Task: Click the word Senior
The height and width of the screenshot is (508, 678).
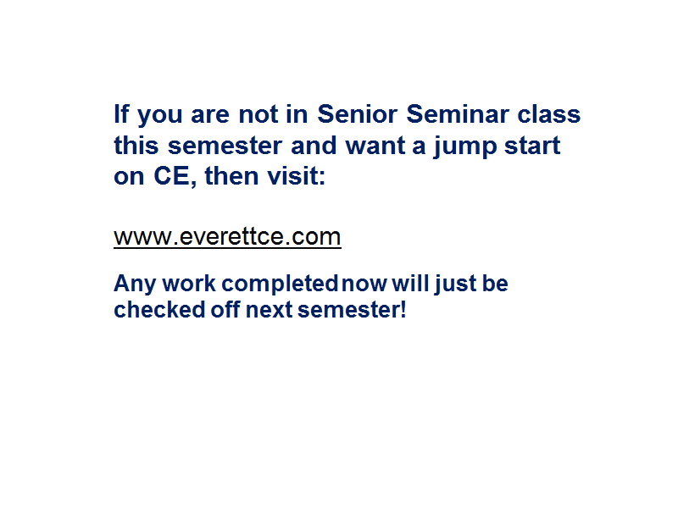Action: click(x=357, y=114)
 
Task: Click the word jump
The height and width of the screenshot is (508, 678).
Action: click(x=464, y=146)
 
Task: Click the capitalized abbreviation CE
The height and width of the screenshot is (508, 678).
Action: click(x=171, y=176)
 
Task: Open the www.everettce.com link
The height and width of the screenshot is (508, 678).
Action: click(x=227, y=237)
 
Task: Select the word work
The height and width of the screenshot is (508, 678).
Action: click(x=189, y=284)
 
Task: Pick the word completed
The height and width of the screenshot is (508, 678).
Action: click(x=280, y=284)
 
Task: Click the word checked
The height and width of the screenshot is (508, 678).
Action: click(x=159, y=310)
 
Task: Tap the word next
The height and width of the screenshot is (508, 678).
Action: click(x=269, y=310)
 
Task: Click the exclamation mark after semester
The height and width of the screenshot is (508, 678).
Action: click(x=403, y=310)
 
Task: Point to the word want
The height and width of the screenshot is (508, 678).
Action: click(x=375, y=146)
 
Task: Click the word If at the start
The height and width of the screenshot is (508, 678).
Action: click(x=121, y=114)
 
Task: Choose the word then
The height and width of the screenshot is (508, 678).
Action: click(x=231, y=176)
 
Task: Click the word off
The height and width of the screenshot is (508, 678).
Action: click(x=225, y=310)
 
